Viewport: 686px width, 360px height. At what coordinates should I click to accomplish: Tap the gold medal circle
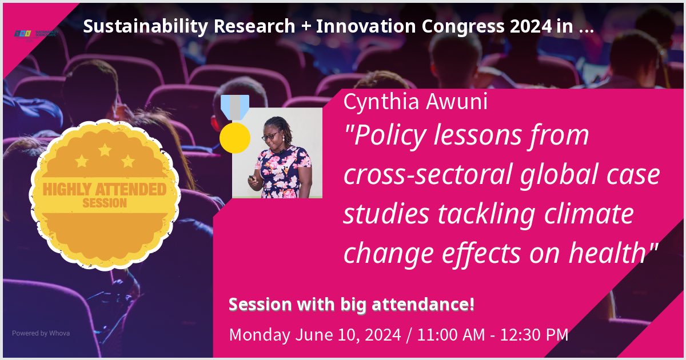(x=235, y=138)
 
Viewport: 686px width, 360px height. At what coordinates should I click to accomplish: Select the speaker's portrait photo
(x=277, y=153)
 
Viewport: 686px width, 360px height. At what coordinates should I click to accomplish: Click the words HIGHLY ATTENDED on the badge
(x=104, y=189)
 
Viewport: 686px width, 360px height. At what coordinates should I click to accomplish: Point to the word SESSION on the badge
(x=105, y=203)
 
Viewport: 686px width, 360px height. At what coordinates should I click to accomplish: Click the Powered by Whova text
(x=41, y=333)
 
